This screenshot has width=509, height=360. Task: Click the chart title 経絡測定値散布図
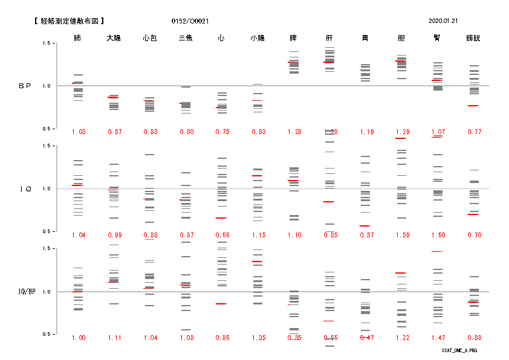(x=71, y=21)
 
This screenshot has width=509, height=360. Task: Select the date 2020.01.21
(x=443, y=21)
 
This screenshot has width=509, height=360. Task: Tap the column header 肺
(x=78, y=38)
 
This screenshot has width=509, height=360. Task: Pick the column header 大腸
(x=114, y=38)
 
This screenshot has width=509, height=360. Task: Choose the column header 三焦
(x=186, y=38)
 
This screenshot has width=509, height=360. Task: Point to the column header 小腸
(x=258, y=38)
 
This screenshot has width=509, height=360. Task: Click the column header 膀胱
(x=473, y=38)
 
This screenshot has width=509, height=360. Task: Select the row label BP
(x=25, y=86)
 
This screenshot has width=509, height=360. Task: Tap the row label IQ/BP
(x=25, y=292)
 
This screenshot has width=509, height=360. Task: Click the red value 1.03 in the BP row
(x=79, y=132)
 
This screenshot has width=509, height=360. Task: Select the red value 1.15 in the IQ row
(x=258, y=235)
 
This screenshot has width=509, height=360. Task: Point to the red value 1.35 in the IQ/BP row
(x=258, y=338)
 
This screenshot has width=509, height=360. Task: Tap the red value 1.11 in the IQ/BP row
(x=114, y=338)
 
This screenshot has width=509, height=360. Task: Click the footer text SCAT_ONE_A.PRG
(x=459, y=350)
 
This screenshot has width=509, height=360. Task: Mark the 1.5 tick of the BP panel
(x=46, y=43)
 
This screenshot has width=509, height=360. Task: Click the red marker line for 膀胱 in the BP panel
(x=473, y=106)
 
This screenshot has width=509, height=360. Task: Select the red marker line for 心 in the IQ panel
(x=221, y=218)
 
